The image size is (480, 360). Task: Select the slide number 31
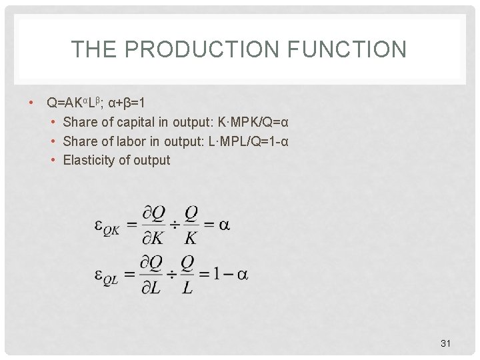tap(446, 343)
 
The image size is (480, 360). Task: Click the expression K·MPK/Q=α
tap(249, 122)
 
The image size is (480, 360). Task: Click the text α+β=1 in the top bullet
tap(127, 103)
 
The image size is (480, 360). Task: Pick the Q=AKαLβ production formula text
tap(73, 103)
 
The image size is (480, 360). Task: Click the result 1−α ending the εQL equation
tap(232, 275)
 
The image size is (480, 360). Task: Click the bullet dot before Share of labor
tap(53, 141)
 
